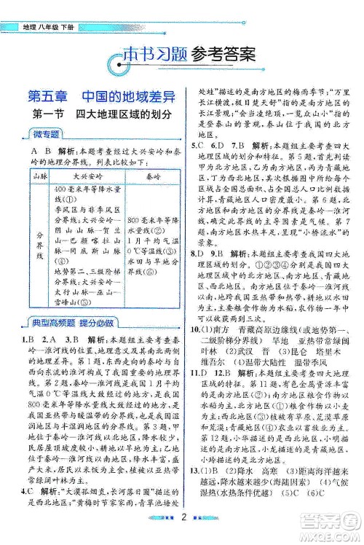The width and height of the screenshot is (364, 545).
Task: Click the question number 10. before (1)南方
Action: [197, 310]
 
